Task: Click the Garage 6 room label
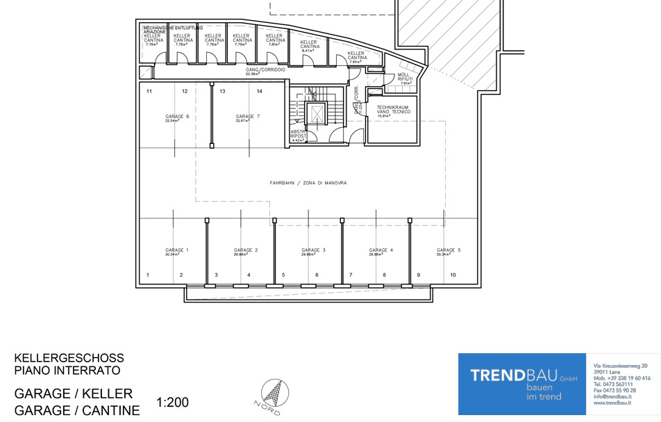[x=177, y=117]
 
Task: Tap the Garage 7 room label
[x=247, y=117]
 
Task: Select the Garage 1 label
[x=176, y=250]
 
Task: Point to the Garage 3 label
[x=313, y=250]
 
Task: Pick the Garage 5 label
[x=449, y=250]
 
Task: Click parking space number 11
[x=149, y=91]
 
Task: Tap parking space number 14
[x=259, y=91]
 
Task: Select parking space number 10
[x=453, y=275]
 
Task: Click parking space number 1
[x=148, y=275]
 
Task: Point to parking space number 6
[x=317, y=275]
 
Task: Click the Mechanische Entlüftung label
[x=173, y=28]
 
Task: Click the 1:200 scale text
[x=173, y=402]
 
